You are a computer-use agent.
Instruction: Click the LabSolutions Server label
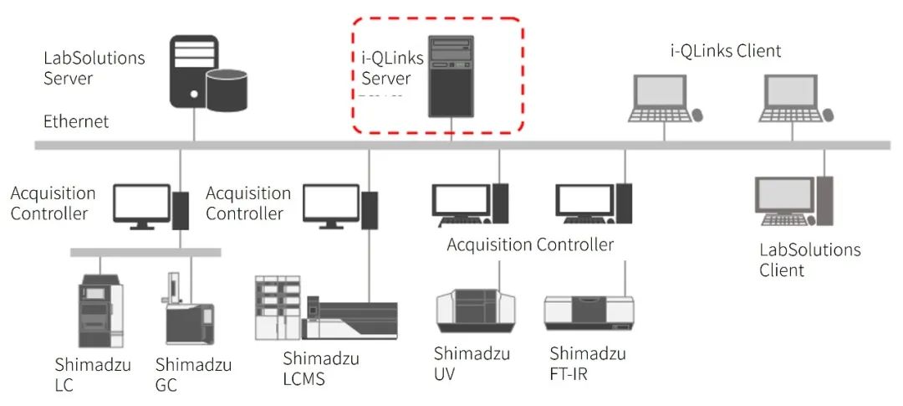coord(94,68)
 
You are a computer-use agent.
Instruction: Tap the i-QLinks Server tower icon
coord(451,76)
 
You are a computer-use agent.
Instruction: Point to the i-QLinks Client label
coord(726,51)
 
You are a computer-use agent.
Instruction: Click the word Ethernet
coord(76,121)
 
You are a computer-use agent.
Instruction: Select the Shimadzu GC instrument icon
coord(185,310)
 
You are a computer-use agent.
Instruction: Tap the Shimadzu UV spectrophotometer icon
coord(470,311)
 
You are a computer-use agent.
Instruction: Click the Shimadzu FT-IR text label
coord(587,363)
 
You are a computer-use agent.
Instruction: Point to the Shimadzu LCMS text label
coord(321,368)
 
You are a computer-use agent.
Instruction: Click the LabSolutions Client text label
coord(809,260)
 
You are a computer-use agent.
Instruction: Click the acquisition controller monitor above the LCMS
coord(330,204)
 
